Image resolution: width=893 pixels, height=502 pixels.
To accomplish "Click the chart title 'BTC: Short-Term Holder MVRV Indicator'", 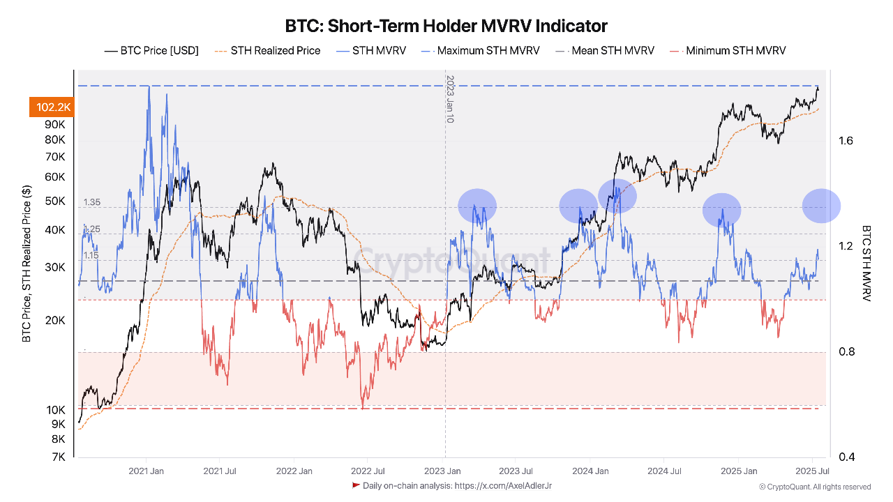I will (446, 26).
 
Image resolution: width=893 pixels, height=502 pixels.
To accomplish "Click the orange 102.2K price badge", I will (50, 107).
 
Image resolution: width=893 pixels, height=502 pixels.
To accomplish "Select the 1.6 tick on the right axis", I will (846, 141).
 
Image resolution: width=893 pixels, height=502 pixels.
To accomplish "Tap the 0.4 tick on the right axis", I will (846, 457).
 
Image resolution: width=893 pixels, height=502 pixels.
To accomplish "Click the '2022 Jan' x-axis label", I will (294, 471).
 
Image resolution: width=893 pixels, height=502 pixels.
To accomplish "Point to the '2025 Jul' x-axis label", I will (813, 471).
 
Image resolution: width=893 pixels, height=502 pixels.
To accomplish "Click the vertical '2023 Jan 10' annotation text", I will (450, 99).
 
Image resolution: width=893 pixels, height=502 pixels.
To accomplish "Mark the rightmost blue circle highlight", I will (821, 206).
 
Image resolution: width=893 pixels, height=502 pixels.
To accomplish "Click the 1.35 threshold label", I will (92, 203).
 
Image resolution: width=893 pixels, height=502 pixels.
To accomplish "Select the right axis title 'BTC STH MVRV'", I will (866, 263).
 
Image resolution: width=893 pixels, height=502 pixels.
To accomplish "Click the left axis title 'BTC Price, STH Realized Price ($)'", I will (27, 264).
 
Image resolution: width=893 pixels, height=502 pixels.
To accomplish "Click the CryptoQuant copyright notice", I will (815, 487).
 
